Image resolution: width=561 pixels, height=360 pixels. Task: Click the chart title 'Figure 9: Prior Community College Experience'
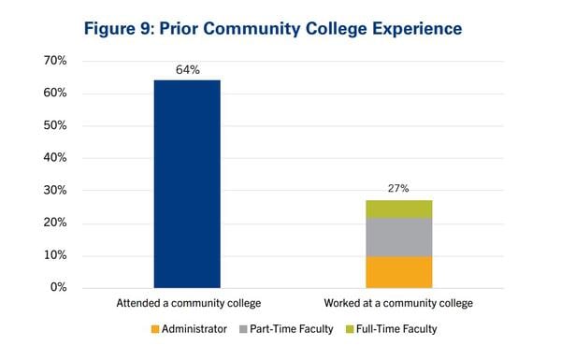[272, 28]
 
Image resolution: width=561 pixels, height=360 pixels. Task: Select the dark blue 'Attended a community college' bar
[187, 183]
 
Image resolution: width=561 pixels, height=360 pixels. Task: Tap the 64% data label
[187, 69]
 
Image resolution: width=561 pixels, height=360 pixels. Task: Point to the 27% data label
[398, 189]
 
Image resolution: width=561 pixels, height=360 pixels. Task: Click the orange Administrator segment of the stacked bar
[398, 271]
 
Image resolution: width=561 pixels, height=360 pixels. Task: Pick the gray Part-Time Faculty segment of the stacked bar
[398, 237]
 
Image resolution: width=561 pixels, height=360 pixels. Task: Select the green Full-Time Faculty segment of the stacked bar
[398, 209]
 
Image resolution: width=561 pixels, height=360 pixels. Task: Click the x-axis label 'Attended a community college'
[187, 304]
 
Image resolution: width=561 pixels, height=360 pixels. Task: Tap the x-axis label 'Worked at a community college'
[398, 304]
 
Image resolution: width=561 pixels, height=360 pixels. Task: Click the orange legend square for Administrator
[154, 329]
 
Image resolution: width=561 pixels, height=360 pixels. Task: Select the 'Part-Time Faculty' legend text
[290, 329]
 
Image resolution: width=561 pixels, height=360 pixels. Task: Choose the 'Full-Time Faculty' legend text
[396, 329]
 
